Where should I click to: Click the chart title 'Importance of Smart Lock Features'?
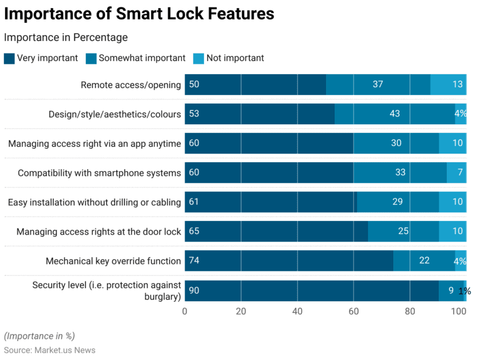coord(139,14)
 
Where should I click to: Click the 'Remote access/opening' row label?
coord(131,85)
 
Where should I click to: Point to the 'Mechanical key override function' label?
coord(113,261)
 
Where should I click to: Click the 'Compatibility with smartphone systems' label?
coord(99,173)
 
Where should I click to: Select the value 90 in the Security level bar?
coord(194,290)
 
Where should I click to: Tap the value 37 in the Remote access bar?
coord(378,85)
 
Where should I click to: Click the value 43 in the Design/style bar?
coord(394,114)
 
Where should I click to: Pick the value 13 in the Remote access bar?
coord(458,85)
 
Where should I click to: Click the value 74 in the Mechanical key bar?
coord(194,261)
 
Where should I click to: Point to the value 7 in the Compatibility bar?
coord(460,173)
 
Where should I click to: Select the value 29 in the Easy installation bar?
coord(397,202)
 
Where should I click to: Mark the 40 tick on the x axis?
coord(297,312)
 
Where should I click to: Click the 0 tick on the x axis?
coord(185,312)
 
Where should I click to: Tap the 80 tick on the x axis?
coord(410,312)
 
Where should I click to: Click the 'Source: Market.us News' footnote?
coord(50,350)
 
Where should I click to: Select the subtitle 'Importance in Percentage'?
coord(66,37)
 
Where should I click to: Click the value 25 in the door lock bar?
coord(403,231)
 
